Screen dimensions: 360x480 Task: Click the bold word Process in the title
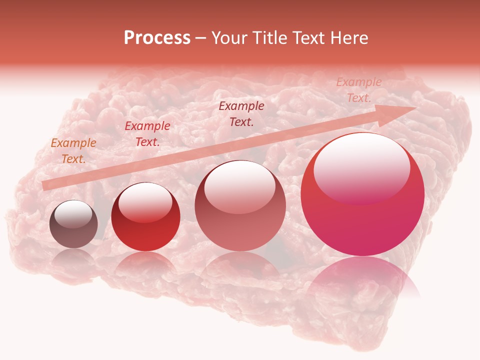(157, 38)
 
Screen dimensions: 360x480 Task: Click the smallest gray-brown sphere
(73, 224)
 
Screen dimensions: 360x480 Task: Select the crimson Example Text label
(147, 134)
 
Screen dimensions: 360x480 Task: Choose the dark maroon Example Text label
(241, 113)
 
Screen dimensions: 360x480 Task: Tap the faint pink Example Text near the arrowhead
(358, 90)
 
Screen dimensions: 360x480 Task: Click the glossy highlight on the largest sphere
(361, 167)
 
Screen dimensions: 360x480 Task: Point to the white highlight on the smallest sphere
(73, 214)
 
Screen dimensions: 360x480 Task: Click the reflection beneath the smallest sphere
(73, 257)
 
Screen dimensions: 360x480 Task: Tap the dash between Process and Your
(200, 38)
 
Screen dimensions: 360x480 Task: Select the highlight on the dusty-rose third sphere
(239, 187)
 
